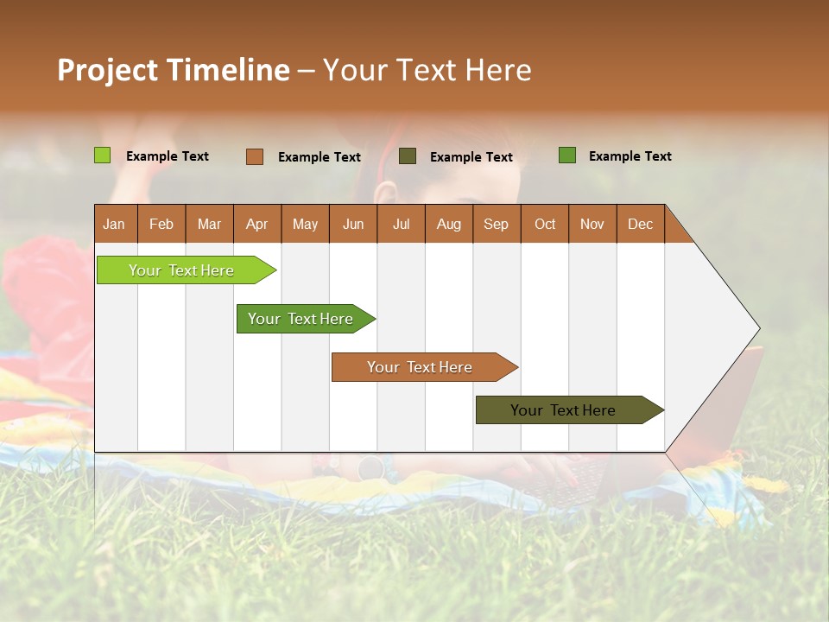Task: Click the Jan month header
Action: [115, 224]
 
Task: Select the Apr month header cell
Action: [257, 224]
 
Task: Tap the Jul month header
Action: [401, 224]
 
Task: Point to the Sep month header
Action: [497, 224]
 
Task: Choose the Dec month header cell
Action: [640, 224]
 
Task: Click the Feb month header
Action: [161, 224]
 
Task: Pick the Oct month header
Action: [545, 224]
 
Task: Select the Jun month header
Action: [353, 224]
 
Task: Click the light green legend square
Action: [102, 155]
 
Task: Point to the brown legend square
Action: [254, 156]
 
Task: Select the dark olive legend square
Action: [408, 155]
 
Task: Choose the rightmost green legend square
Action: [567, 155]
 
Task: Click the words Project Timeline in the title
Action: [173, 70]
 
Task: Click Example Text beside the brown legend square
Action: [319, 157]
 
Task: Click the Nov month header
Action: [592, 224]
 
